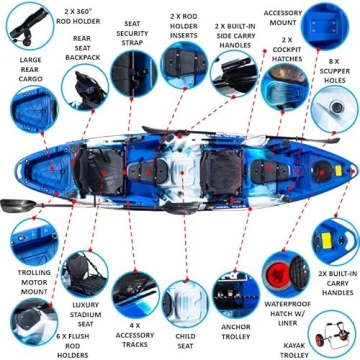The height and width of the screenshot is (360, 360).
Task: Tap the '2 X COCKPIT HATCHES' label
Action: pos(277,50)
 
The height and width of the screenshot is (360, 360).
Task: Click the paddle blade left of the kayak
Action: pos(12,204)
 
